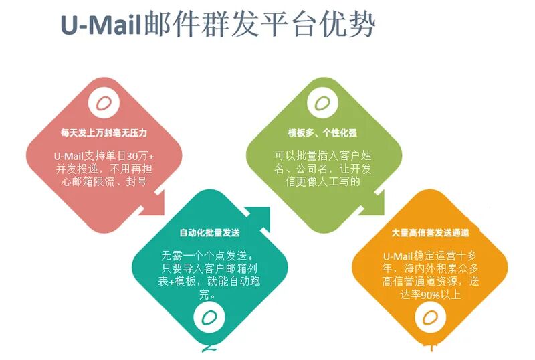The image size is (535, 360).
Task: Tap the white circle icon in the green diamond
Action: [322, 104]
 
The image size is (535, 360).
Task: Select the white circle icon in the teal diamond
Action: [209, 315]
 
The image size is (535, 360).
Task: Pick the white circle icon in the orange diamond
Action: [429, 315]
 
